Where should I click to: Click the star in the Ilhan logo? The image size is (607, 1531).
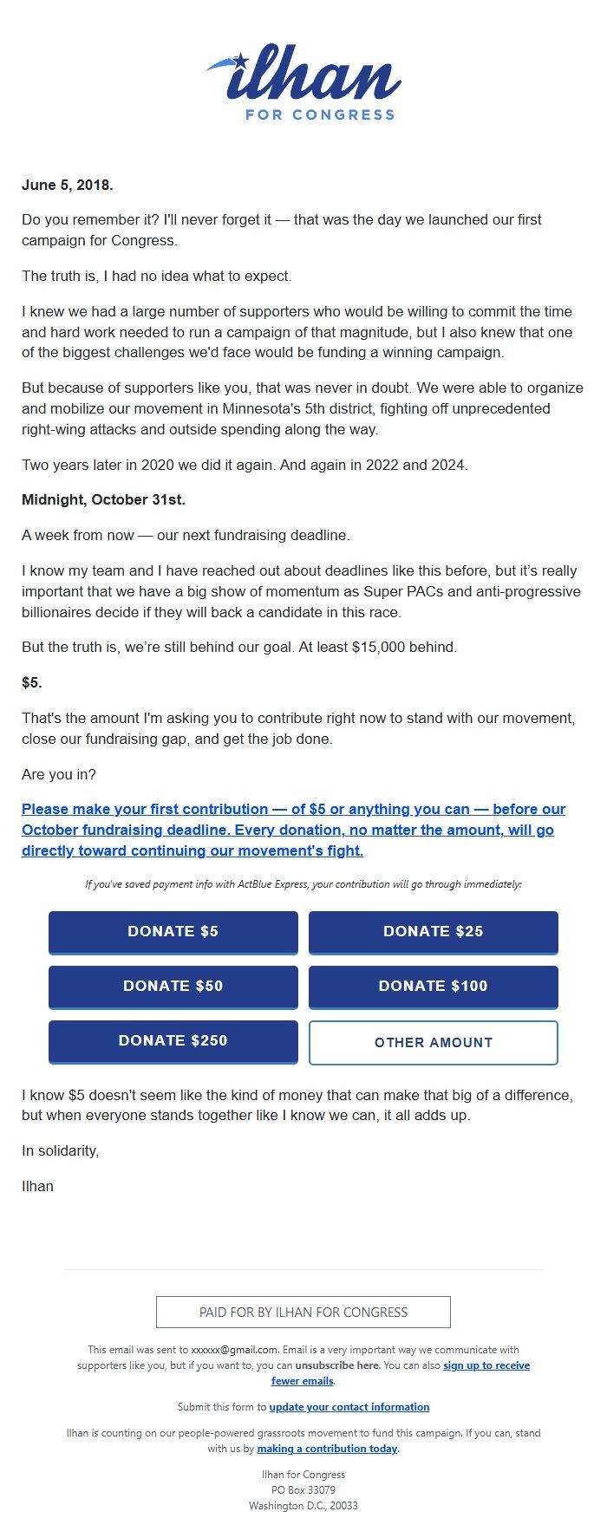pos(240,61)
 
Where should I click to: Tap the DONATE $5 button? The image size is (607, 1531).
pos(173,932)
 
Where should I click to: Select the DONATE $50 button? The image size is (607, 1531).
pos(173,987)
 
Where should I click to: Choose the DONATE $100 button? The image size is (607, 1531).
pos(434,987)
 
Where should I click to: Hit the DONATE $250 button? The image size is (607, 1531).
pos(173,1041)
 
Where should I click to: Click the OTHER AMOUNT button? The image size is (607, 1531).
pos(434,1042)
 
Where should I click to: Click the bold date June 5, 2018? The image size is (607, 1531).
pos(68,185)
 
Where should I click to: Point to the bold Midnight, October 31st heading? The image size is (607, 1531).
pos(103,500)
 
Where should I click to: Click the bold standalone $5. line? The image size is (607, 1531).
pos(32,683)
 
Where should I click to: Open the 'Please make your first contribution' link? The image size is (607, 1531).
pos(293,830)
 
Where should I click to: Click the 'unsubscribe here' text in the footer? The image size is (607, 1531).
pos(336,1365)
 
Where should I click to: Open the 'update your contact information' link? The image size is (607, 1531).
pos(349,1407)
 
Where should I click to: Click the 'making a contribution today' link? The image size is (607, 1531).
pos(327,1449)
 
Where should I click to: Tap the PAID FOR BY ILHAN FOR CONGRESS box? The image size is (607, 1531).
pos(303,1313)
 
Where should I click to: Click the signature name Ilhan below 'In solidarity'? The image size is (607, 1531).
pos(37,1186)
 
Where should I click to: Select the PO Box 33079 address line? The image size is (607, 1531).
pos(303,1490)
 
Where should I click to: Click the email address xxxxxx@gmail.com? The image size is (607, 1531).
pos(235,1350)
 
